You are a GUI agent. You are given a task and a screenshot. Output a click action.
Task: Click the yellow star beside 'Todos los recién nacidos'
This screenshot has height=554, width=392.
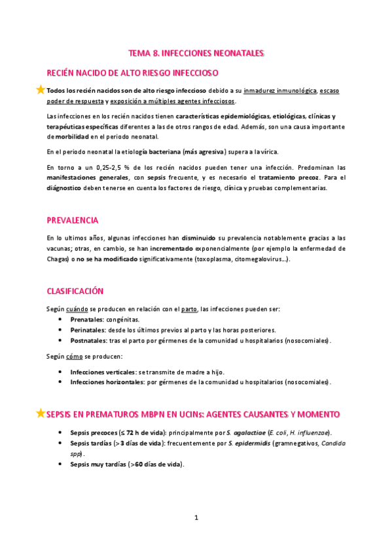coord(41,90)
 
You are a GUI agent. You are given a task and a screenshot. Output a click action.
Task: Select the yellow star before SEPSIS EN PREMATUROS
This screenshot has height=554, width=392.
coord(41,413)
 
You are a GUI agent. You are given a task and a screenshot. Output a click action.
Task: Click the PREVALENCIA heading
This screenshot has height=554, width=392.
coord(73,220)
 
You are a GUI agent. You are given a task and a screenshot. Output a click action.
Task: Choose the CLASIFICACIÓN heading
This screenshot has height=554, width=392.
coord(75,290)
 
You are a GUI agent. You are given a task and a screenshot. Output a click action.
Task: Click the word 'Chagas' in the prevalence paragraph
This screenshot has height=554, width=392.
coord(58,259)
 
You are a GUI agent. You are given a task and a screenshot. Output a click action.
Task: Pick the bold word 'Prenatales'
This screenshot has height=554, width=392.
coord(86,319)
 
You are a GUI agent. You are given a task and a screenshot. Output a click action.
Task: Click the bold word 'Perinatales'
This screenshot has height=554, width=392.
coord(87,330)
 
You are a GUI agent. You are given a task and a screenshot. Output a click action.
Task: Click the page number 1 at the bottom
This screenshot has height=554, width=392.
coord(196,518)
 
